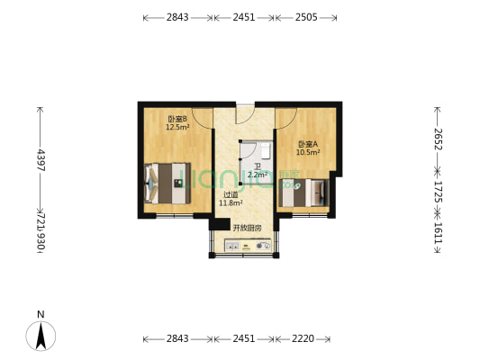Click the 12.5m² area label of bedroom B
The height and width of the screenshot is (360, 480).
(176, 128)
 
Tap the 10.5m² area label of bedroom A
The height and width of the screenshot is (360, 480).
(310, 152)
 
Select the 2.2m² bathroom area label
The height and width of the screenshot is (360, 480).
(258, 175)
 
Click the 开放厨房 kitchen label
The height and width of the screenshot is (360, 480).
(247, 228)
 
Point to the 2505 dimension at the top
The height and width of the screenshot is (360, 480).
(308, 17)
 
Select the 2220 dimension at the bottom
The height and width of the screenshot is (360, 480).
(303, 339)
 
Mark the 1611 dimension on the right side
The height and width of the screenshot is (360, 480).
(438, 237)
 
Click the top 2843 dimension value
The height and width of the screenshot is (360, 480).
(177, 17)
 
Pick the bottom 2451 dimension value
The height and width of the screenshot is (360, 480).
(244, 339)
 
